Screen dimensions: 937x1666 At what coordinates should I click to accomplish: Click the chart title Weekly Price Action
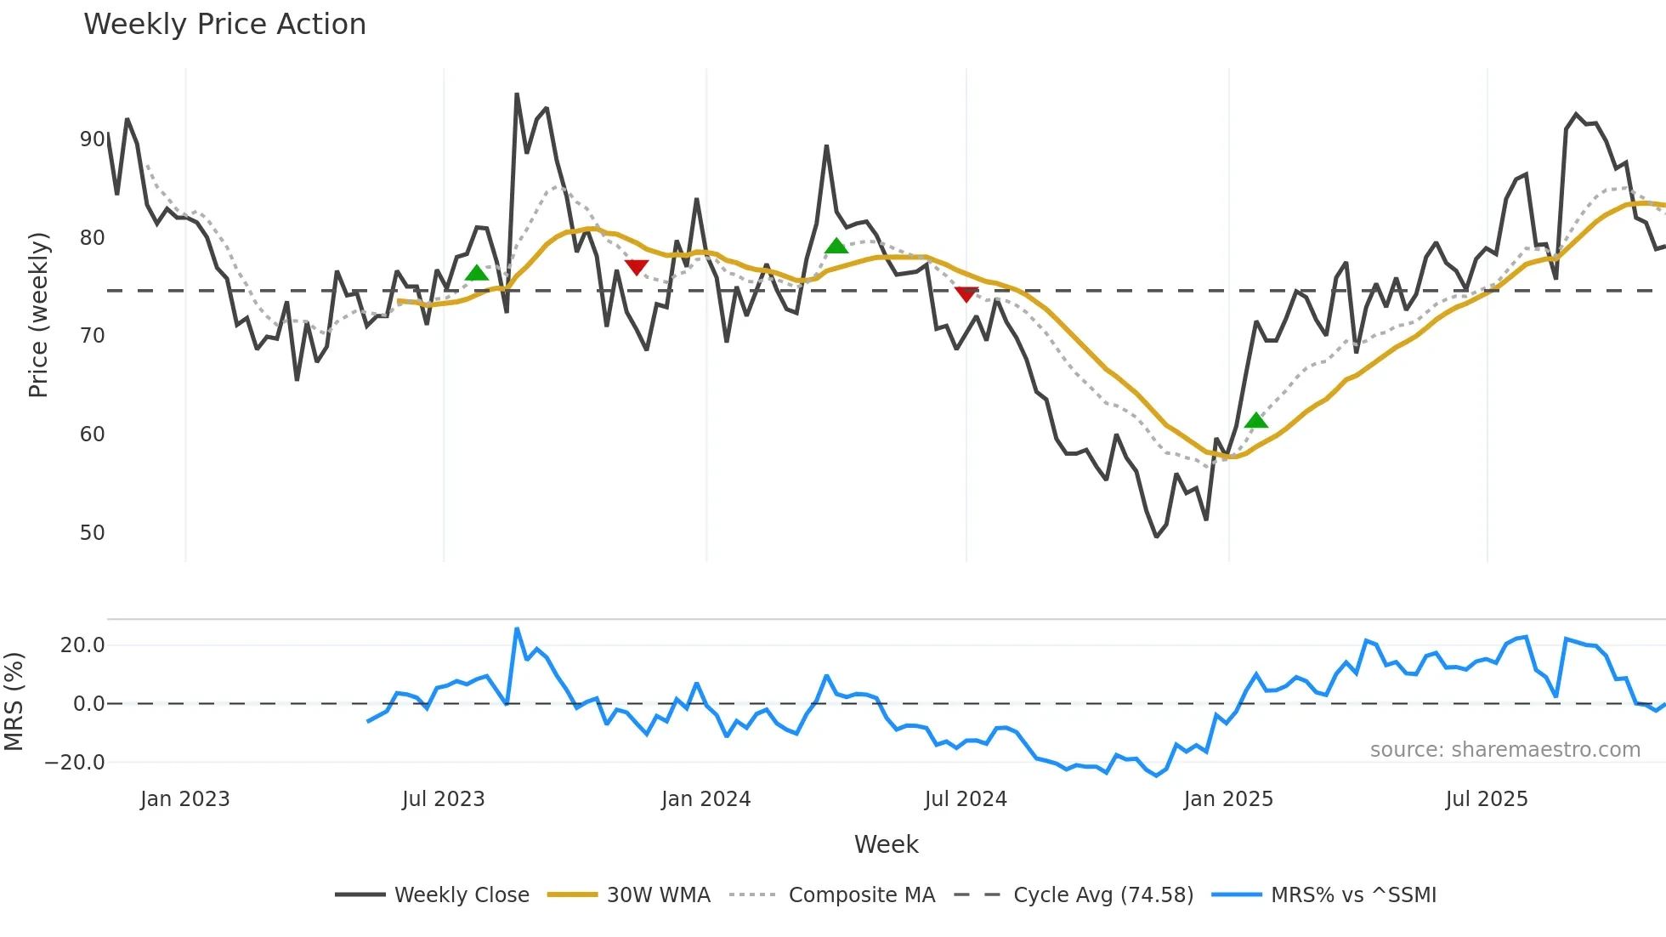click(x=224, y=25)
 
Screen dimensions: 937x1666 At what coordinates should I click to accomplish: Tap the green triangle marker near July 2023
click(x=477, y=273)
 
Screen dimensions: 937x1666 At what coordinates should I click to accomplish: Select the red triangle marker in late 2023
click(x=637, y=268)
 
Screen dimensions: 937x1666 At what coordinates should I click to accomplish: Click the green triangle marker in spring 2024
click(x=836, y=247)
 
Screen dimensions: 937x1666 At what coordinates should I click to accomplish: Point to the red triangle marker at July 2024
click(x=966, y=294)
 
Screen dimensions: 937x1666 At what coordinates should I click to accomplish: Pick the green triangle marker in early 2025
click(x=1255, y=420)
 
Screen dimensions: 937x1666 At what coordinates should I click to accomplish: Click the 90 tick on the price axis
click(x=93, y=139)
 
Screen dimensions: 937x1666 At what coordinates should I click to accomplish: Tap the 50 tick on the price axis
click(x=93, y=533)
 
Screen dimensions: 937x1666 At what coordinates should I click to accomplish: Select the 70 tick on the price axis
click(x=93, y=336)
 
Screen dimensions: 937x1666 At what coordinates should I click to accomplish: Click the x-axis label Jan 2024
click(x=705, y=799)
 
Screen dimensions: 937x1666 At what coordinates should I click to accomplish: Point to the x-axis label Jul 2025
click(x=1487, y=799)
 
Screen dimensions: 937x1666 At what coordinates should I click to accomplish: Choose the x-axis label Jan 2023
click(x=185, y=799)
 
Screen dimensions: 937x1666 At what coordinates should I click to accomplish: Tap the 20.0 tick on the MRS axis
click(x=82, y=645)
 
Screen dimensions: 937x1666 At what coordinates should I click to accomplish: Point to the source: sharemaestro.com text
click(x=1504, y=750)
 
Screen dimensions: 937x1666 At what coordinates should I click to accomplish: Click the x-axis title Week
click(x=886, y=844)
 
